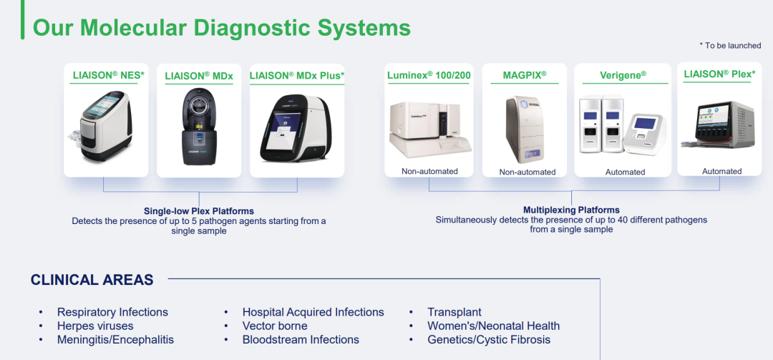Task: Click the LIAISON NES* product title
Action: point(109,75)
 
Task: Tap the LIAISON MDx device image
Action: point(199,127)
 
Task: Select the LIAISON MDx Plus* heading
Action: point(297,75)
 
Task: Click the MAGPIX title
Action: point(525,75)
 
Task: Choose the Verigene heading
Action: point(623,75)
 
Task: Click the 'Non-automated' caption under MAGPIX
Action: point(528,172)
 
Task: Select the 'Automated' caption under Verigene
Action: point(625,172)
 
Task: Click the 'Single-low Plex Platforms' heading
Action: point(199,211)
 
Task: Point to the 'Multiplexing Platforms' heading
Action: point(571,210)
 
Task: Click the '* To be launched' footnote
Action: point(730,45)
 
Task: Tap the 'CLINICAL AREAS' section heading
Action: point(92,280)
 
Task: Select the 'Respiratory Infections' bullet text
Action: point(112,312)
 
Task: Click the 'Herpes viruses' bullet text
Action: point(95,326)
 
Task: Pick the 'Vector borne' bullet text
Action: point(275,326)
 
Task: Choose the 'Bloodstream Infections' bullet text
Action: point(301,340)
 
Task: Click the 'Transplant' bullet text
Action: point(454,312)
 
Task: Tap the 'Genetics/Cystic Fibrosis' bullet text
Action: point(489,340)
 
